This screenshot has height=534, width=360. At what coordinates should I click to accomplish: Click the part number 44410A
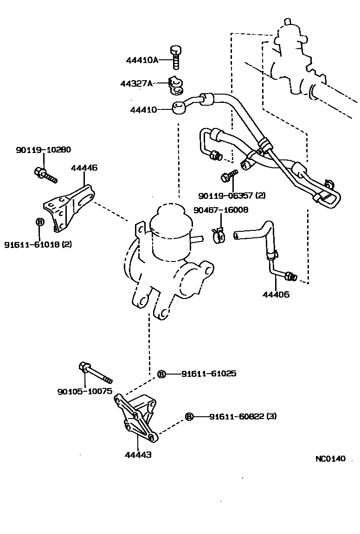pyautogui.click(x=142, y=60)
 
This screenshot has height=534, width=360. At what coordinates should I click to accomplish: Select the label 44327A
pyautogui.click(x=136, y=84)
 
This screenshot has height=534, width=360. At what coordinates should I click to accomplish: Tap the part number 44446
pyautogui.click(x=84, y=168)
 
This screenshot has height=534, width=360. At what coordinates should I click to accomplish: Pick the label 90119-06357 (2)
pyautogui.click(x=231, y=195)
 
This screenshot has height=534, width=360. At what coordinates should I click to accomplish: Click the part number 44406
pyautogui.click(x=276, y=294)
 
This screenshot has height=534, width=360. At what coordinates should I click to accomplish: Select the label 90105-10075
pyautogui.click(x=85, y=391)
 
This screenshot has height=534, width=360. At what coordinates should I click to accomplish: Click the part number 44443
pyautogui.click(x=138, y=455)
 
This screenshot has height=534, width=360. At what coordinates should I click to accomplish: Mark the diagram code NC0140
pyautogui.click(x=331, y=459)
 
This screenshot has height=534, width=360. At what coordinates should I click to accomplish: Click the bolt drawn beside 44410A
pyautogui.click(x=175, y=55)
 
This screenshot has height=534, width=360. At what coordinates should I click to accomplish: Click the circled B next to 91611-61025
pyautogui.click(x=161, y=374)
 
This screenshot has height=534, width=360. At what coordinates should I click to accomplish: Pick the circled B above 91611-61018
pyautogui.click(x=39, y=222)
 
